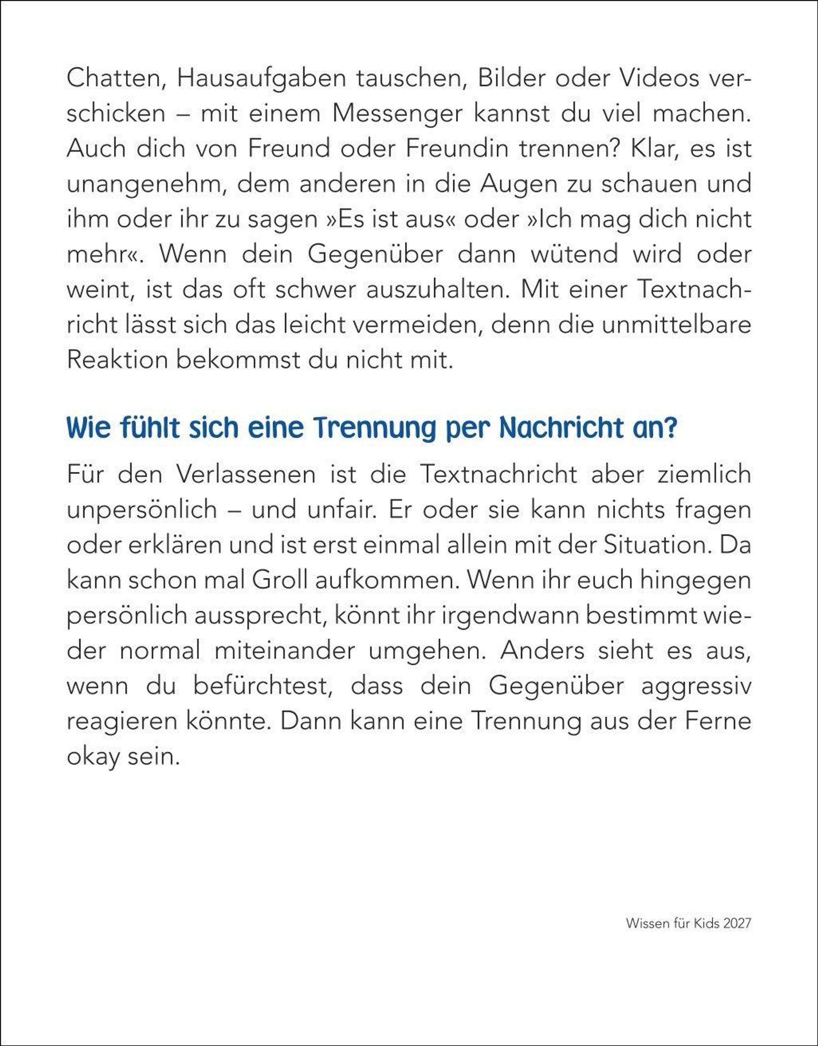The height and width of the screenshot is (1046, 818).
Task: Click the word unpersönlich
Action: [x=142, y=510]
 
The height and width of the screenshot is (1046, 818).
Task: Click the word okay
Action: [x=93, y=757]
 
